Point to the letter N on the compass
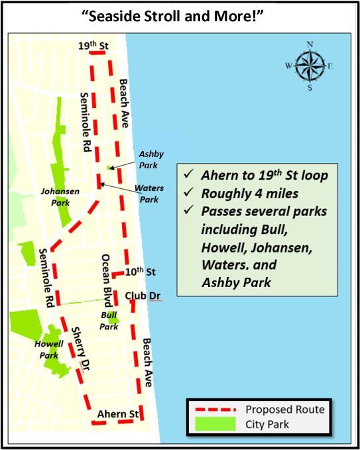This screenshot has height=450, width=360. click(309, 44)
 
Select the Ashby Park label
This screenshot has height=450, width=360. click(147, 159)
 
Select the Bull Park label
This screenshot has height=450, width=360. click(109, 321)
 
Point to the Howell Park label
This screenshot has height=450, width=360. click(49, 350)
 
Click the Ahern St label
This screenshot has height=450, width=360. click(117, 415)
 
